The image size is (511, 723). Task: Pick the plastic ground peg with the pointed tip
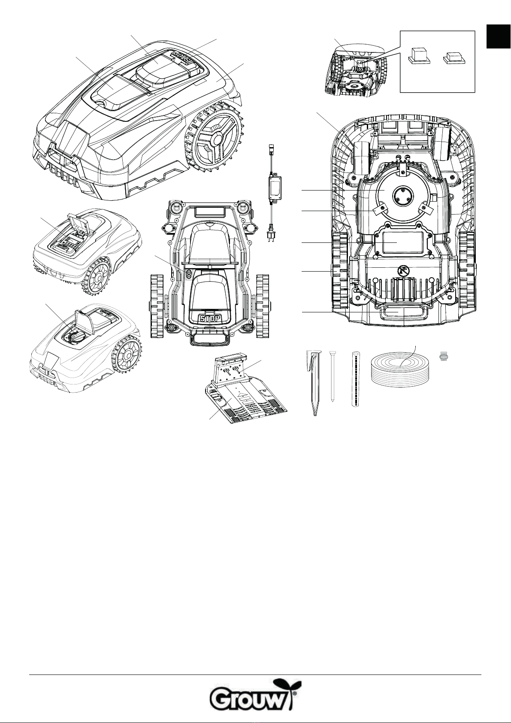(313, 383)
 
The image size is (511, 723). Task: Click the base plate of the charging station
(245, 400)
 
